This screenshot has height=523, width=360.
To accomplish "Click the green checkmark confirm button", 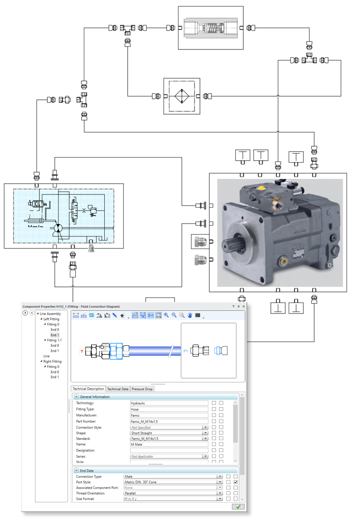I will coord(238,507).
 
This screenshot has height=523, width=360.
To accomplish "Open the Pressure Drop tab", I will coord(142,389).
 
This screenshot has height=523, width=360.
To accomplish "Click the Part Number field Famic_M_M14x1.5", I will coord(168,421).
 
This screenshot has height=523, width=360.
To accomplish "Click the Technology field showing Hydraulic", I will coord(168,403).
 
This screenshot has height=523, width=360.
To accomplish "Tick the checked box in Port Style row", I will coord(235,483).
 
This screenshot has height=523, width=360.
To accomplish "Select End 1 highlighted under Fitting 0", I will coord(55,335).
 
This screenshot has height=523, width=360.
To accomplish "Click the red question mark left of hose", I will coord(81,351).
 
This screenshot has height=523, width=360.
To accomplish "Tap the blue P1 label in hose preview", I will coord(185,351).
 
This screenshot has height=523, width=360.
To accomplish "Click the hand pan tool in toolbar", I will coord(190,315).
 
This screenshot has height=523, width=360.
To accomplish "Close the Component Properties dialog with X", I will coord(243,306).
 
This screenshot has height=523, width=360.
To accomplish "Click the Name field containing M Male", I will coord(168,444).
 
